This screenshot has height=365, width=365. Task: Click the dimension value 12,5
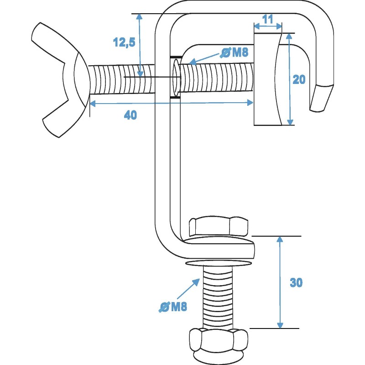click(x=124, y=42)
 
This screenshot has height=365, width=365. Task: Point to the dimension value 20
click(x=299, y=79)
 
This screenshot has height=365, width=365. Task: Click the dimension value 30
click(x=296, y=282)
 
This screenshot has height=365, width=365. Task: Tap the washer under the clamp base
click(x=219, y=263)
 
